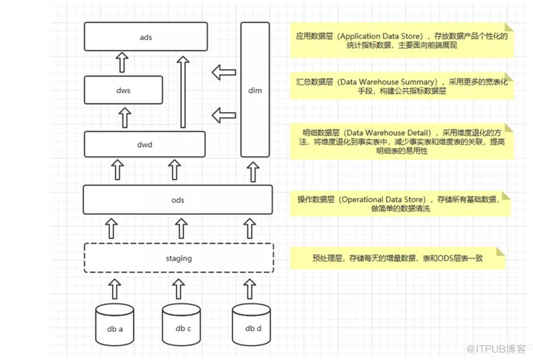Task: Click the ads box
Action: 145,36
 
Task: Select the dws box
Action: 123,90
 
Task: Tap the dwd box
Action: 145,144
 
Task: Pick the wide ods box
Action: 177,200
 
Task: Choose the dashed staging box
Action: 177,258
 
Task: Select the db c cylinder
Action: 183,325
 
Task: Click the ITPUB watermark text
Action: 497,347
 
